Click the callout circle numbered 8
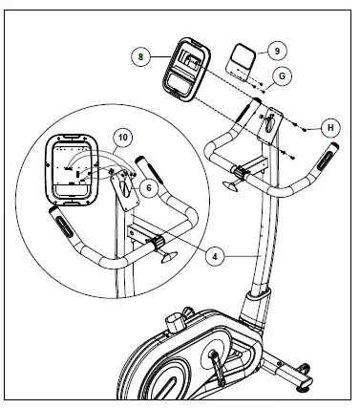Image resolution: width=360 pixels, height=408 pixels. click(x=142, y=56)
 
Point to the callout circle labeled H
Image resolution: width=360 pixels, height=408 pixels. click(x=328, y=126)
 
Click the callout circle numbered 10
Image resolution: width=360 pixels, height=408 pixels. click(x=121, y=136)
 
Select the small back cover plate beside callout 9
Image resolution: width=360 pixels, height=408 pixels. click(x=238, y=62)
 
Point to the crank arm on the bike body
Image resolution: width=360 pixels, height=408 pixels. click(x=218, y=364)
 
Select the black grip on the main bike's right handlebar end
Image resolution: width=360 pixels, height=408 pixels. click(x=329, y=155)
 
